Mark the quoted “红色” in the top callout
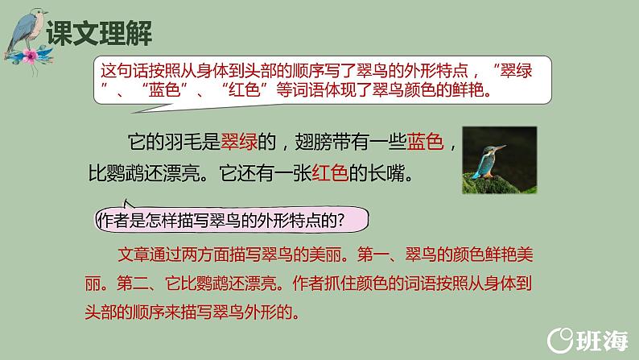pyautogui.click(x=241, y=89)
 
